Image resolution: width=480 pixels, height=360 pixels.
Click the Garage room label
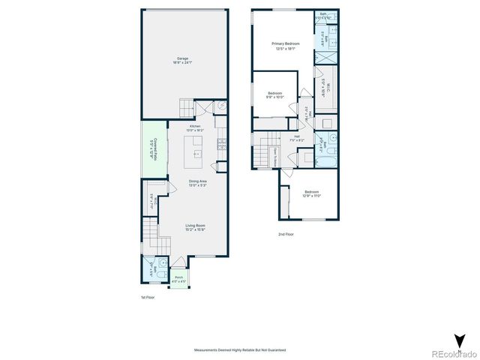pyautogui.click(x=182, y=60)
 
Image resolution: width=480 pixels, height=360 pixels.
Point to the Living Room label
pyautogui.click(x=195, y=227)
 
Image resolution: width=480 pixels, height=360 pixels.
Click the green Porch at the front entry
pyautogui.click(x=179, y=278)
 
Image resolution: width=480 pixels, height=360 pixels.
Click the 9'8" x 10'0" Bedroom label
pyautogui.click(x=274, y=94)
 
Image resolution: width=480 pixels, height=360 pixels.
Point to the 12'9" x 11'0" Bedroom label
pyautogui.click(x=310, y=193)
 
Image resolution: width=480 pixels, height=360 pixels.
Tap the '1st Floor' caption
pyautogui.click(x=147, y=298)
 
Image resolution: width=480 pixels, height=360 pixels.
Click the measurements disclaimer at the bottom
pyautogui.click(x=239, y=349)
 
